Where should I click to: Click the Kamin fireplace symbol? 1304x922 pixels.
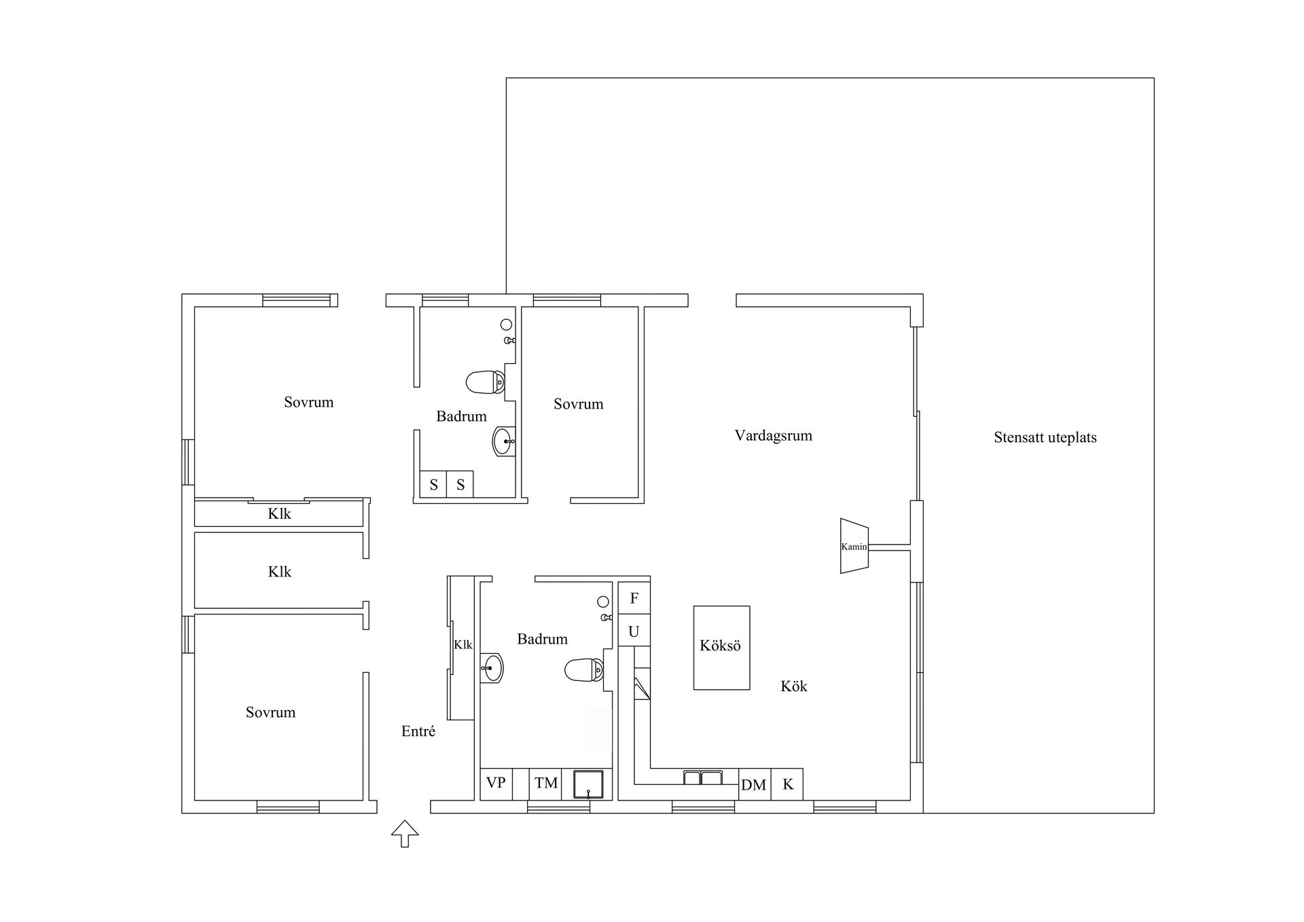[854, 546]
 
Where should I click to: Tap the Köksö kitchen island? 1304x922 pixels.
[721, 648]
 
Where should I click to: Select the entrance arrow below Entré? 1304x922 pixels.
[405, 833]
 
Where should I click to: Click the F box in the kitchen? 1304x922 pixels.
[634, 598]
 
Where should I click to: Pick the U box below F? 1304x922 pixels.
[634, 631]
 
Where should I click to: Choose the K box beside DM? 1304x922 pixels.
[787, 784]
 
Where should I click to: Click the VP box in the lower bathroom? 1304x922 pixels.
[496, 784]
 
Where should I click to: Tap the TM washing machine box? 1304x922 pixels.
[546, 784]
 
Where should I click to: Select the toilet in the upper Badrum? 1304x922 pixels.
[486, 382]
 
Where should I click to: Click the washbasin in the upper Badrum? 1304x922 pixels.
[504, 441]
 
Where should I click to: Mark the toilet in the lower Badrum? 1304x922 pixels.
[584, 670]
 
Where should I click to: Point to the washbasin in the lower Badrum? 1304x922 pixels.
[492, 668]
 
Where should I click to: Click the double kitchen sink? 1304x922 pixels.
[703, 778]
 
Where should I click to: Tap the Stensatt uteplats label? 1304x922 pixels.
[1045, 438]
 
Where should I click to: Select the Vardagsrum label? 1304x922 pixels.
[774, 435]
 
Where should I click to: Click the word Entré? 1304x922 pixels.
[418, 731]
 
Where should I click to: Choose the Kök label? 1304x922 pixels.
[794, 686]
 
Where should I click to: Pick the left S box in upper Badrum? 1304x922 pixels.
[433, 485]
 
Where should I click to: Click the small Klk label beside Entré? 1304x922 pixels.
[463, 644]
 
